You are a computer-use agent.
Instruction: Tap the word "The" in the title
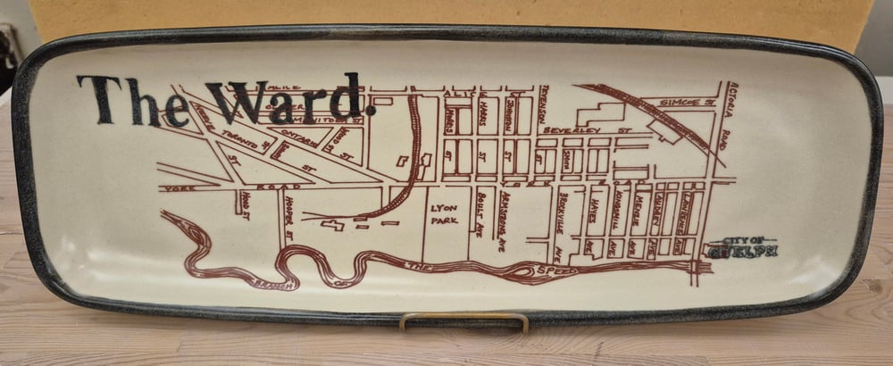pyautogui.click(x=133, y=100)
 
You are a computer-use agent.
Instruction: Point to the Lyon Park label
pyautogui.click(x=444, y=214)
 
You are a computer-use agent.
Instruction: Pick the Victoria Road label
pyautogui.click(x=727, y=112)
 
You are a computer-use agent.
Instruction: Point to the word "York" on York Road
pyautogui.click(x=170, y=190)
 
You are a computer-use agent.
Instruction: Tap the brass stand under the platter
pyautogui.click(x=463, y=319)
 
